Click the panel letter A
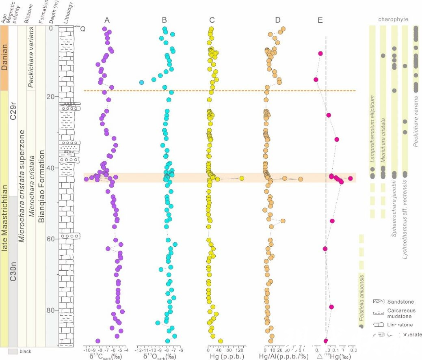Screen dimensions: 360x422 pos(107,20)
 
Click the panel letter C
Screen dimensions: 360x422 pos(212,20)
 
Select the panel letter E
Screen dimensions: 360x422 pos(320,20)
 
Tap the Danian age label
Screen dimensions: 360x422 pos(4,58)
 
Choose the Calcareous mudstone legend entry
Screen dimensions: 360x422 pos(400,313)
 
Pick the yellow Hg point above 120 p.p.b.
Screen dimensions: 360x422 pos(242,178)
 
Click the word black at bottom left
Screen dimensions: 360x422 pos(25,351)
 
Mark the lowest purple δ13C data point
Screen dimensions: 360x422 pos(98,341)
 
